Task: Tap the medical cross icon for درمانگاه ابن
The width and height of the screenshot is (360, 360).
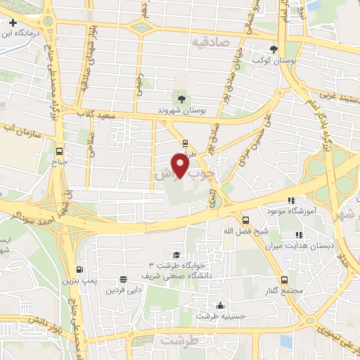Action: (x=13, y=23)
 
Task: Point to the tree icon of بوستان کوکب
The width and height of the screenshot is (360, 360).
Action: (x=274, y=49)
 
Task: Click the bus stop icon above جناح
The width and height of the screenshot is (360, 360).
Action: (x=59, y=151)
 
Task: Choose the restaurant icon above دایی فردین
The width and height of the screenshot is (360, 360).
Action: (x=124, y=278)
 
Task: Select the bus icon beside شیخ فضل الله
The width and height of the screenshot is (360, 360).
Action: (x=245, y=219)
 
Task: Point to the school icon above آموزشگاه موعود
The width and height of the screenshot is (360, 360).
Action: (x=291, y=200)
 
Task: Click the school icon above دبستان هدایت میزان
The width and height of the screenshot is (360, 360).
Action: (x=299, y=235)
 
